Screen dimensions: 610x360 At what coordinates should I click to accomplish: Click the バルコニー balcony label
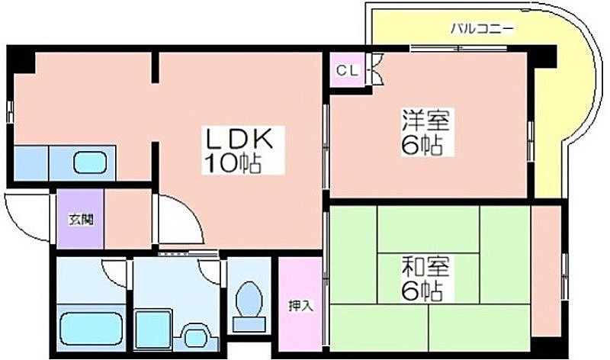[482, 29]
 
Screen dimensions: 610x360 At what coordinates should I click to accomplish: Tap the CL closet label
[347, 71]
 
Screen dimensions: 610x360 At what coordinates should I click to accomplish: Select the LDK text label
[239, 139]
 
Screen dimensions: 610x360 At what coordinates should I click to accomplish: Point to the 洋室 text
[425, 121]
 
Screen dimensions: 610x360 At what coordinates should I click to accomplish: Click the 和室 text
[425, 267]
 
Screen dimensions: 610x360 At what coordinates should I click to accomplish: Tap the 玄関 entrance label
[81, 220]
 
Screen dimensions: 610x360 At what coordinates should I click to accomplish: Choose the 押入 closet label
[300, 306]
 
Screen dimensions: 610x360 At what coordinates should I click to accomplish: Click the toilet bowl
[249, 298]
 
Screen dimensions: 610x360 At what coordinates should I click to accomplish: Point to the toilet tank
[249, 324]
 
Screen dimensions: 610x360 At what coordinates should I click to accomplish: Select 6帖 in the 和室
[422, 291]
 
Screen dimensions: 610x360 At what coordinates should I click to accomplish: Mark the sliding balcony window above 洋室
[459, 49]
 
